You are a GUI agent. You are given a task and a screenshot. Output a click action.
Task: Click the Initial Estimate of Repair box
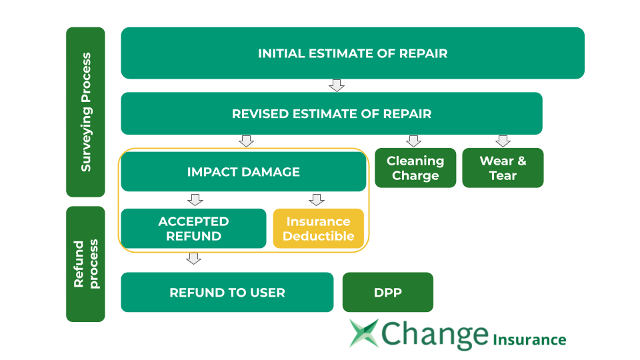[352, 53]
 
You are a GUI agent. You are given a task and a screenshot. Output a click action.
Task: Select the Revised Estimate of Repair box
[331, 114]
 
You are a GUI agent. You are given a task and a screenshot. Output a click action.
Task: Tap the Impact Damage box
[243, 172]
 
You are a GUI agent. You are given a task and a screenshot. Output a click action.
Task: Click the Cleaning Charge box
[415, 168]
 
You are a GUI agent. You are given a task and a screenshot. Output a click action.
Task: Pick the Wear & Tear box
[503, 168]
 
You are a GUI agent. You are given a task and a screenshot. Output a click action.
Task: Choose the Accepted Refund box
[193, 229]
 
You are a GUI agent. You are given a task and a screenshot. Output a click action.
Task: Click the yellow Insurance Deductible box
[318, 229]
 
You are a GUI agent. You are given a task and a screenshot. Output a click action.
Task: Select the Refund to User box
[227, 293]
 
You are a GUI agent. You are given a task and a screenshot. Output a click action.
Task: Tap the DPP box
[387, 293]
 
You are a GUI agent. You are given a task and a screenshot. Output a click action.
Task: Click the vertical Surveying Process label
[85, 112]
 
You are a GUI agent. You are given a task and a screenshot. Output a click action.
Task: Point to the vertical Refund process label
[85, 264]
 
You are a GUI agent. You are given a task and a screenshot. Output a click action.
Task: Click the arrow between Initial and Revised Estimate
[337, 85]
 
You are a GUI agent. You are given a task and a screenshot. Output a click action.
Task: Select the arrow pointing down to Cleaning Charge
[413, 141]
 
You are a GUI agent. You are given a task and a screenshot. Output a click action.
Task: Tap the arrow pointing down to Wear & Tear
[503, 141]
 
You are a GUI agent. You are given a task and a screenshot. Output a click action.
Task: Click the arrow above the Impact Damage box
[246, 141]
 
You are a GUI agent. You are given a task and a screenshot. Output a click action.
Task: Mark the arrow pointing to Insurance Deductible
[317, 199]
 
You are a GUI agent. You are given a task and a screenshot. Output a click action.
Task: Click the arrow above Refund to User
[193, 259]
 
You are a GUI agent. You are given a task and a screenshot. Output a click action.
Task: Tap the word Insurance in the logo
[529, 339]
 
